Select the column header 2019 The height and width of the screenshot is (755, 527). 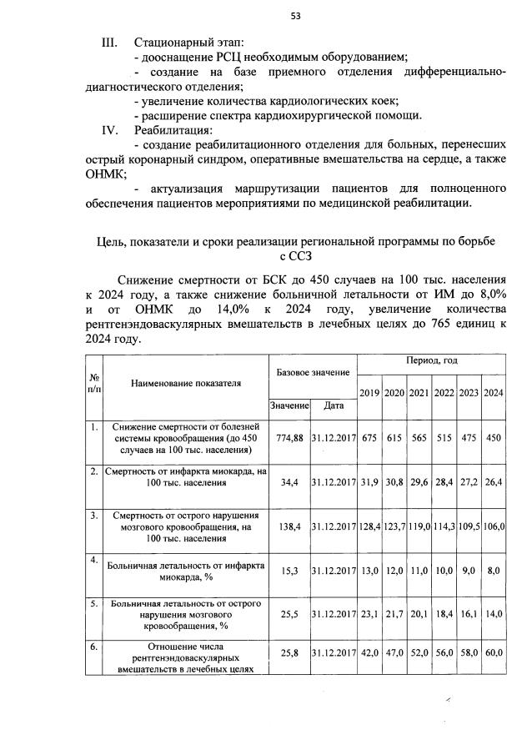tap(369, 393)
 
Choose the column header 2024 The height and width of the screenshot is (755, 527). tap(494, 393)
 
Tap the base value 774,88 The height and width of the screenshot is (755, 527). tap(289, 438)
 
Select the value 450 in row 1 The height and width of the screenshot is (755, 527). tap(494, 438)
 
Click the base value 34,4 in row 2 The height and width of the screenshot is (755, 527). tap(289, 482)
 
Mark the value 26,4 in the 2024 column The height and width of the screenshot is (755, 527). tap(494, 482)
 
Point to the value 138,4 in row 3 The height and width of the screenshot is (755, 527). tap(289, 527)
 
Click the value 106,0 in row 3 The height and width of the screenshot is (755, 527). tap(494, 527)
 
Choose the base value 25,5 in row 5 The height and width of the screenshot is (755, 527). tap(289, 613)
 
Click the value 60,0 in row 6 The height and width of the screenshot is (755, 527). tap(494, 658)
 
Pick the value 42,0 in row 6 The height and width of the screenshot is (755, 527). tap(369, 658)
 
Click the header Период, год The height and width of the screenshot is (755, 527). tap(431, 362)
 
